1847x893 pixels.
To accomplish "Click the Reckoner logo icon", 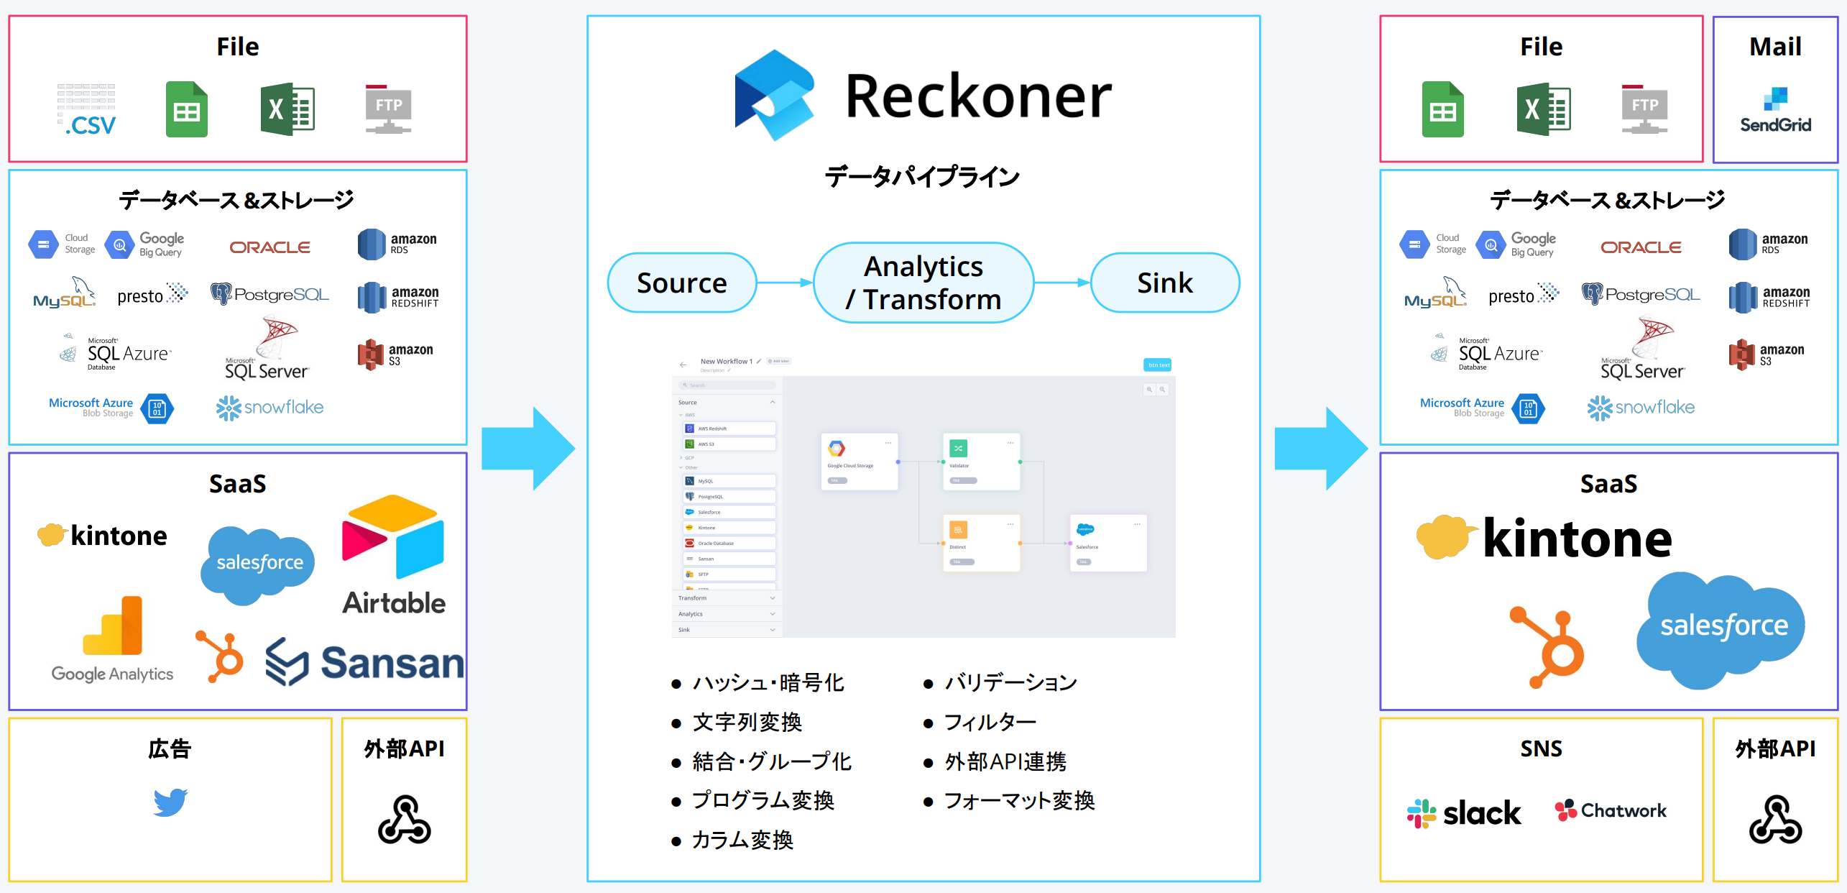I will tap(774, 95).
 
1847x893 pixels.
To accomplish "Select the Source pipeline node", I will tap(681, 283).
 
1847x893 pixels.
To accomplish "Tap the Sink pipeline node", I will tap(1164, 283).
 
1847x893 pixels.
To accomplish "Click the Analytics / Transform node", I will tap(923, 283).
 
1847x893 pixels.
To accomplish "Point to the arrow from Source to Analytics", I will tap(784, 283).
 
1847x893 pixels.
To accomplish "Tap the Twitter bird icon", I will tap(170, 802).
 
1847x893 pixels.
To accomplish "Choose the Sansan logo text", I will tap(392, 662).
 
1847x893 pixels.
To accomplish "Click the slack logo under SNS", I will tap(1463, 813).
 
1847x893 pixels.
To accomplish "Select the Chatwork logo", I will tap(1610, 810).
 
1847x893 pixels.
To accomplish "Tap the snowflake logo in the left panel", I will tap(270, 408).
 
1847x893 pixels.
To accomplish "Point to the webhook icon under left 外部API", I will tap(404, 820).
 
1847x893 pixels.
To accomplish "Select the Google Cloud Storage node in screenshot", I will tap(859, 460).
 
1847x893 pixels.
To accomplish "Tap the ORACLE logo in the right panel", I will tap(1641, 247).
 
